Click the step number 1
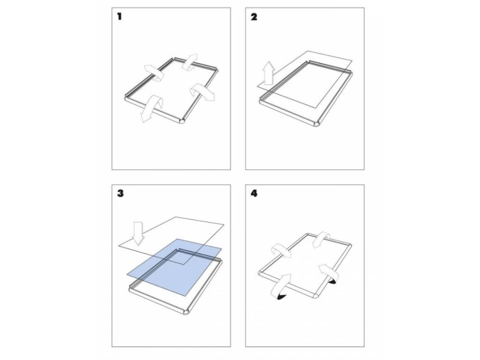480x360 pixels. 120,16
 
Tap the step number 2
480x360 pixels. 254,17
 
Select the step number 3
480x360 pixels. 120,194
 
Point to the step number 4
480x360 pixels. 254,194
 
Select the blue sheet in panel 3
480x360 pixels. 174,267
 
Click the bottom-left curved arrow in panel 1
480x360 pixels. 150,108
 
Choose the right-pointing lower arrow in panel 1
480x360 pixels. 202,93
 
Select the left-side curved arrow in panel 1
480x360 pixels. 155,72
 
